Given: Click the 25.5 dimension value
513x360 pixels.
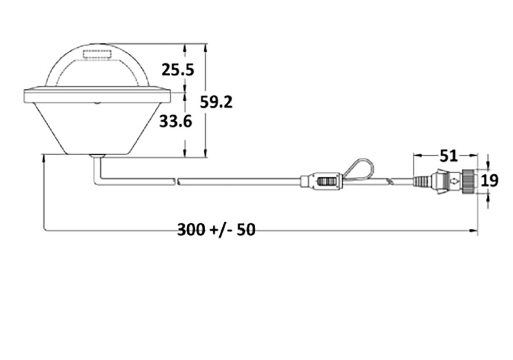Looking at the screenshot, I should coord(178,70).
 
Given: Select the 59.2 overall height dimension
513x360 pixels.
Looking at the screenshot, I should coord(216,102).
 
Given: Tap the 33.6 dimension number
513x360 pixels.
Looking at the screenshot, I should coord(175,121).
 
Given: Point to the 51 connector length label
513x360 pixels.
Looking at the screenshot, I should coord(448,156).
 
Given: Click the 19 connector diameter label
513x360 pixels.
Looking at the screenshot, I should coord(490,180).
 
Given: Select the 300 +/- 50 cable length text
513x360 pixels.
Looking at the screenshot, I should coord(216,229).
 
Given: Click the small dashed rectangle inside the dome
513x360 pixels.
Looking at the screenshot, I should coord(97,56).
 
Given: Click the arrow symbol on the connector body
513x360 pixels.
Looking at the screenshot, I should coord(455,181).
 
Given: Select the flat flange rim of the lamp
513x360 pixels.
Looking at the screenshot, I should coord(97,95).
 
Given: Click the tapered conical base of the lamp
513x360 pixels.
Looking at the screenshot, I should coord(97,128).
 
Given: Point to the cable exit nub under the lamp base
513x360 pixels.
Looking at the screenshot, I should coord(97,156).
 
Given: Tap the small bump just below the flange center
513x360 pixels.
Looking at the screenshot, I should coord(97,103).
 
